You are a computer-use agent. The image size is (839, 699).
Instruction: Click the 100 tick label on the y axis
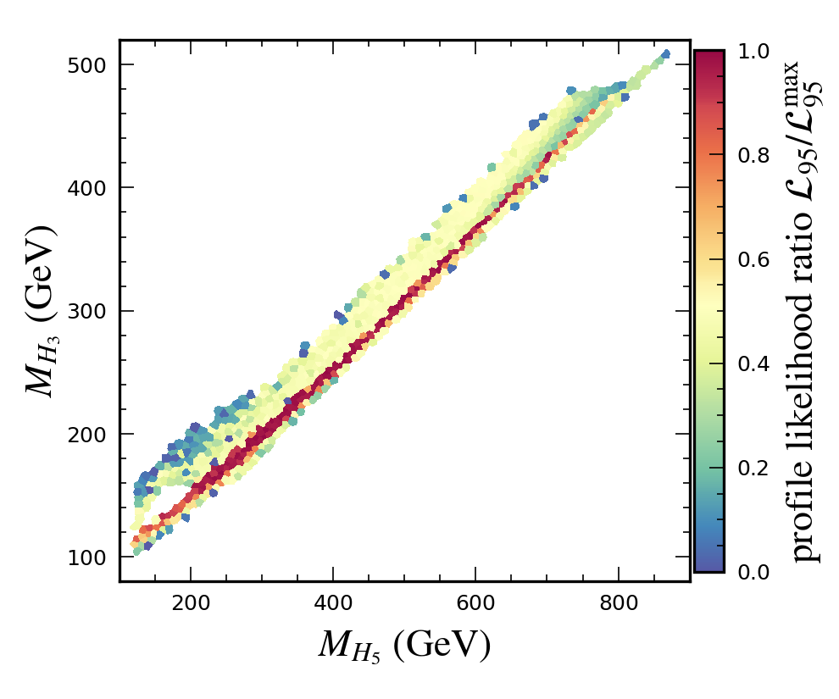pos(87,557)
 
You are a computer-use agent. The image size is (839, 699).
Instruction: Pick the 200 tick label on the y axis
pos(87,434)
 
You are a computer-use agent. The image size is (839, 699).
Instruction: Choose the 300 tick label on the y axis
pos(87,311)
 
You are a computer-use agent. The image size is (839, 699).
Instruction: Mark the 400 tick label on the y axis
pos(87,188)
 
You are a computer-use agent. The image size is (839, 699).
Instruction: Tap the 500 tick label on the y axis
pos(87,65)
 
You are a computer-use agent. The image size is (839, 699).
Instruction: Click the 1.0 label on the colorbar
pos(753,52)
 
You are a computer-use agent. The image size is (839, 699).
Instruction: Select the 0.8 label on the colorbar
pos(753,156)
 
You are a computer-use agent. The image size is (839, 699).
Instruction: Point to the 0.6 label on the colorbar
pos(753,260)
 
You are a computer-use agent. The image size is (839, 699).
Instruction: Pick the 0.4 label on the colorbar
pos(753,364)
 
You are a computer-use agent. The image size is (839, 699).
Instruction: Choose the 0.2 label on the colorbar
pos(753,469)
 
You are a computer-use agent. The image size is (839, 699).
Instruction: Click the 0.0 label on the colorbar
pos(753,572)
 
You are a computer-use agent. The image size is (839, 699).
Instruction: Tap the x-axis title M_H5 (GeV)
pos(404,646)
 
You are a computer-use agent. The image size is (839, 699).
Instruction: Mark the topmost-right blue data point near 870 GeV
pos(665,54)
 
